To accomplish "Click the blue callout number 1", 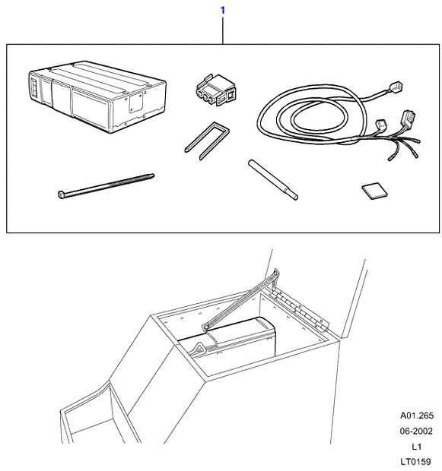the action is tap(223, 11).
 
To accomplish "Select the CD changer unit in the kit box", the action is tap(98, 96).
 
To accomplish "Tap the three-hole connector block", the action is tap(215, 90).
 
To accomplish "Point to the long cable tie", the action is tap(106, 185).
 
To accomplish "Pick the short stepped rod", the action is tap(273, 179).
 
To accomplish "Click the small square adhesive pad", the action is tap(374, 191).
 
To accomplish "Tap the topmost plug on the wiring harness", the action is tap(396, 87).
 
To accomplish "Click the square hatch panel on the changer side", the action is tap(135, 102).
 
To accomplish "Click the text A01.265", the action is tap(417, 416).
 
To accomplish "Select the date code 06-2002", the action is tap(416, 431).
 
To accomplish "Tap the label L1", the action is tap(416, 447).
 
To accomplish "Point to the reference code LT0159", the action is tap(415, 461).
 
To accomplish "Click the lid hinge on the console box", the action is tap(301, 308).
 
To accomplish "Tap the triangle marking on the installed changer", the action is tap(199, 348).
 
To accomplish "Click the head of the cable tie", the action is tap(61, 194).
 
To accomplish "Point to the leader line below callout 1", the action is tap(223, 30).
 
